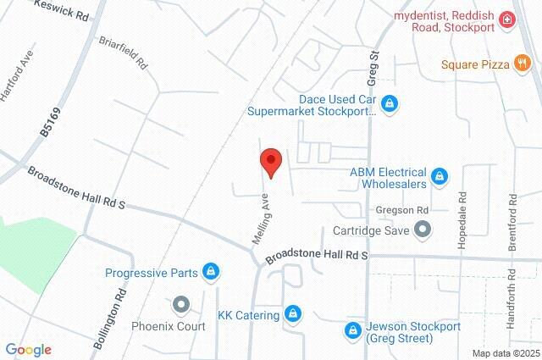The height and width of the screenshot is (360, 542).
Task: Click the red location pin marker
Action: [270, 161]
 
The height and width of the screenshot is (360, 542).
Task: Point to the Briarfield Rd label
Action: [123, 53]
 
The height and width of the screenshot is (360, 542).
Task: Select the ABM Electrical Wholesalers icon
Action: [439, 176]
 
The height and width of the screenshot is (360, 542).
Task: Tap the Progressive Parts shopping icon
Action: [211, 273]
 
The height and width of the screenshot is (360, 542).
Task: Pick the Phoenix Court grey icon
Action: [180, 304]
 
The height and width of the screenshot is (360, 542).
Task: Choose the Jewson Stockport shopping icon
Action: [352, 330]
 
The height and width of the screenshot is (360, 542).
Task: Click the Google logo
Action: [29, 349]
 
